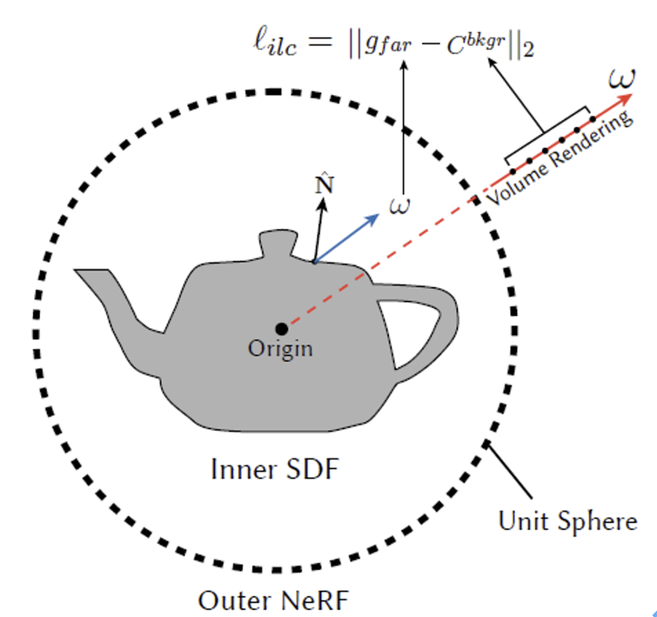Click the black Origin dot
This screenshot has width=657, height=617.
coord(282,329)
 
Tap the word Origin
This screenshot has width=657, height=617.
coord(280,349)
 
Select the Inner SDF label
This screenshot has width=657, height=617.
coord(275,469)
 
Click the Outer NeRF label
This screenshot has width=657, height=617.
coord(273,601)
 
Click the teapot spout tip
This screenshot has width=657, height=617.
coord(76,271)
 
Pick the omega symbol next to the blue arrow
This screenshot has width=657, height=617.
coord(399,206)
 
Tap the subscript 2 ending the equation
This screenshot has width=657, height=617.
coord(529,51)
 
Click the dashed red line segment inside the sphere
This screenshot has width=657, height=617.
coord(381,262)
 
